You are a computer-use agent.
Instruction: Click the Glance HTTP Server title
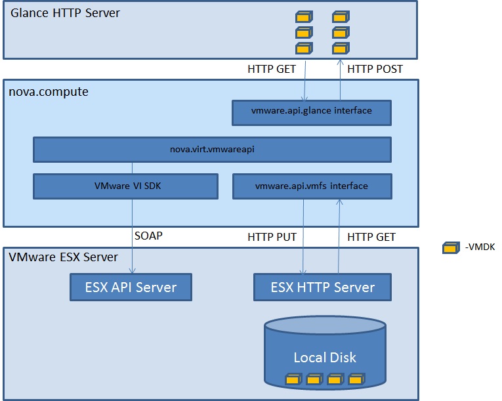64,12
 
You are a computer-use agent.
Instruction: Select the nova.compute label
49,91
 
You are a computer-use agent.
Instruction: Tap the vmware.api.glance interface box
312,112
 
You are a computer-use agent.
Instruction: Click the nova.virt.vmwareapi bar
212,149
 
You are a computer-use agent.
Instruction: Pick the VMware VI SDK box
125,186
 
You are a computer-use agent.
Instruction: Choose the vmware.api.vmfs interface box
312,186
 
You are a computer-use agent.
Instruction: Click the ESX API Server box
131,287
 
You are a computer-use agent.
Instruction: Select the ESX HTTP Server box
322,287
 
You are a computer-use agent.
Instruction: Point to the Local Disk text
325,357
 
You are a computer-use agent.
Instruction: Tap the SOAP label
148,236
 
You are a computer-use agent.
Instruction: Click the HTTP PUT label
272,236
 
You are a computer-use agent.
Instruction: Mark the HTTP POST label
375,68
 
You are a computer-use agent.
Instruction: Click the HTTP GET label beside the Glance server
272,68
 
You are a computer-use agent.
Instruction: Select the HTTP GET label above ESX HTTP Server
371,236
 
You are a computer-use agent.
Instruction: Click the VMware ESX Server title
63,257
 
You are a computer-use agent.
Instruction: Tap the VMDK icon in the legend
450,247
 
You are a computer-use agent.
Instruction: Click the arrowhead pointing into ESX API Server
133,271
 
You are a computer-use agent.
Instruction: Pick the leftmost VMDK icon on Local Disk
292,379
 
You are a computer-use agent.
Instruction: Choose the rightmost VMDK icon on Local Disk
355,379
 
